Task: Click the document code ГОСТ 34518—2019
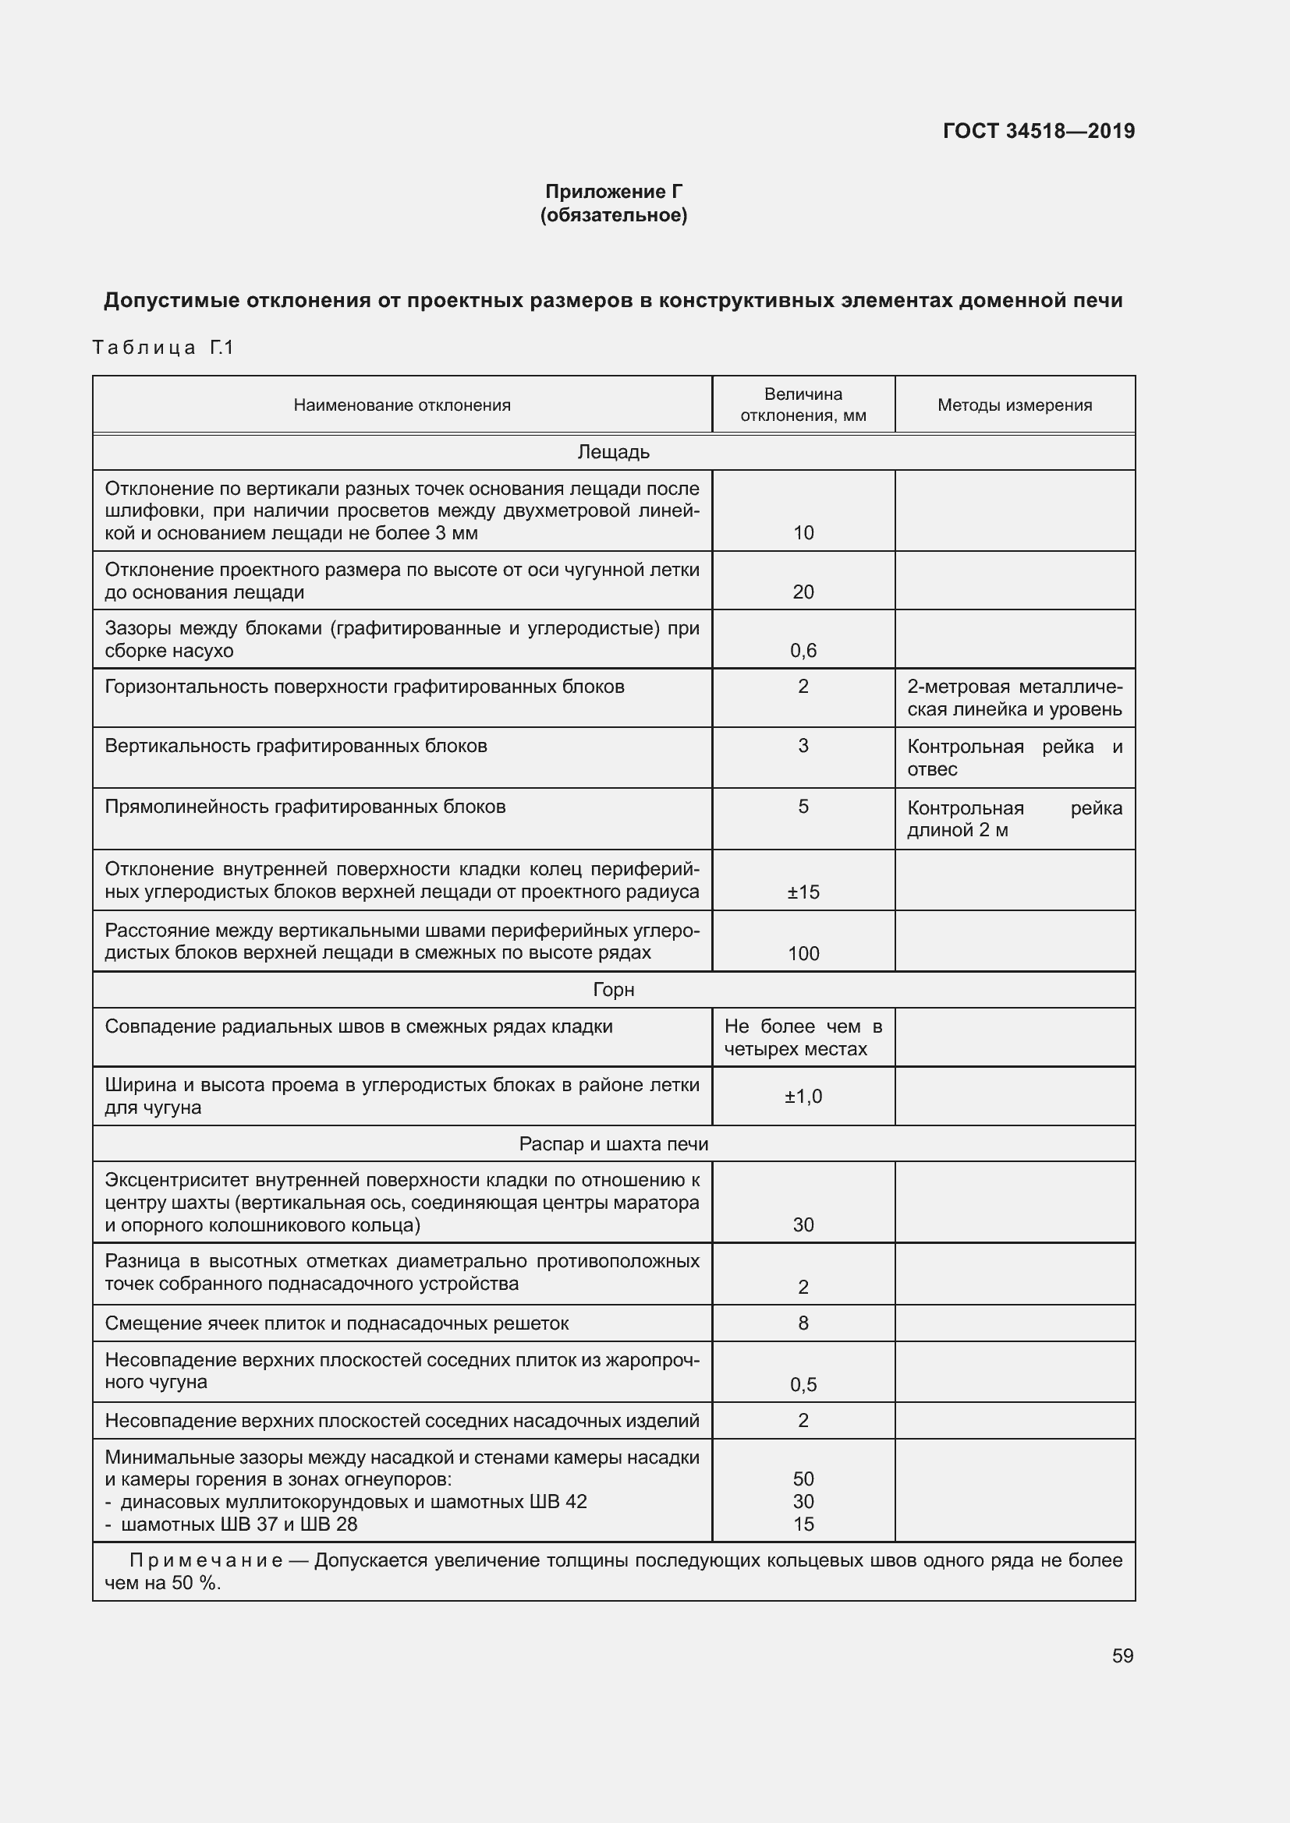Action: (x=1038, y=131)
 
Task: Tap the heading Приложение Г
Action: (x=613, y=192)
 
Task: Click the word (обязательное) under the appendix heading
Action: (x=613, y=215)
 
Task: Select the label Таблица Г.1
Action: (x=163, y=347)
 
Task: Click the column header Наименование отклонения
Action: (x=402, y=405)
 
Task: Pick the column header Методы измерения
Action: (x=1015, y=405)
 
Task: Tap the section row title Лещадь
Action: (x=613, y=452)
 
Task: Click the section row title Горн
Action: (x=613, y=989)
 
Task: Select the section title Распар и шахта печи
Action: (x=613, y=1143)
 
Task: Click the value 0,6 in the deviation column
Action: (x=803, y=650)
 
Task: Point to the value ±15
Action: (x=803, y=892)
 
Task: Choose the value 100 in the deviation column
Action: (x=803, y=952)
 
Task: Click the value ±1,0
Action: (x=803, y=1096)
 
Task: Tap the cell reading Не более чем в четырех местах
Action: (x=803, y=1037)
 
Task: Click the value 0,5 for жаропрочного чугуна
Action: (x=803, y=1384)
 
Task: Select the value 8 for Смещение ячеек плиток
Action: (x=803, y=1323)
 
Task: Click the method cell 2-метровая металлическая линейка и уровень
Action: (x=1015, y=697)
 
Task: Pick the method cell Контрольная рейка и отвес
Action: (x=1015, y=757)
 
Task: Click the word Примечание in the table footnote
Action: (x=206, y=1560)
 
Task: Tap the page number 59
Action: (x=1122, y=1655)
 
